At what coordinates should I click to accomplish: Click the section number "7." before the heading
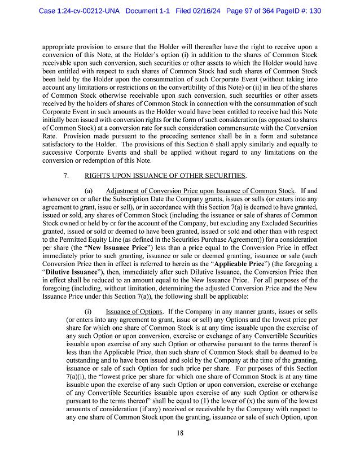[67, 176]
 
